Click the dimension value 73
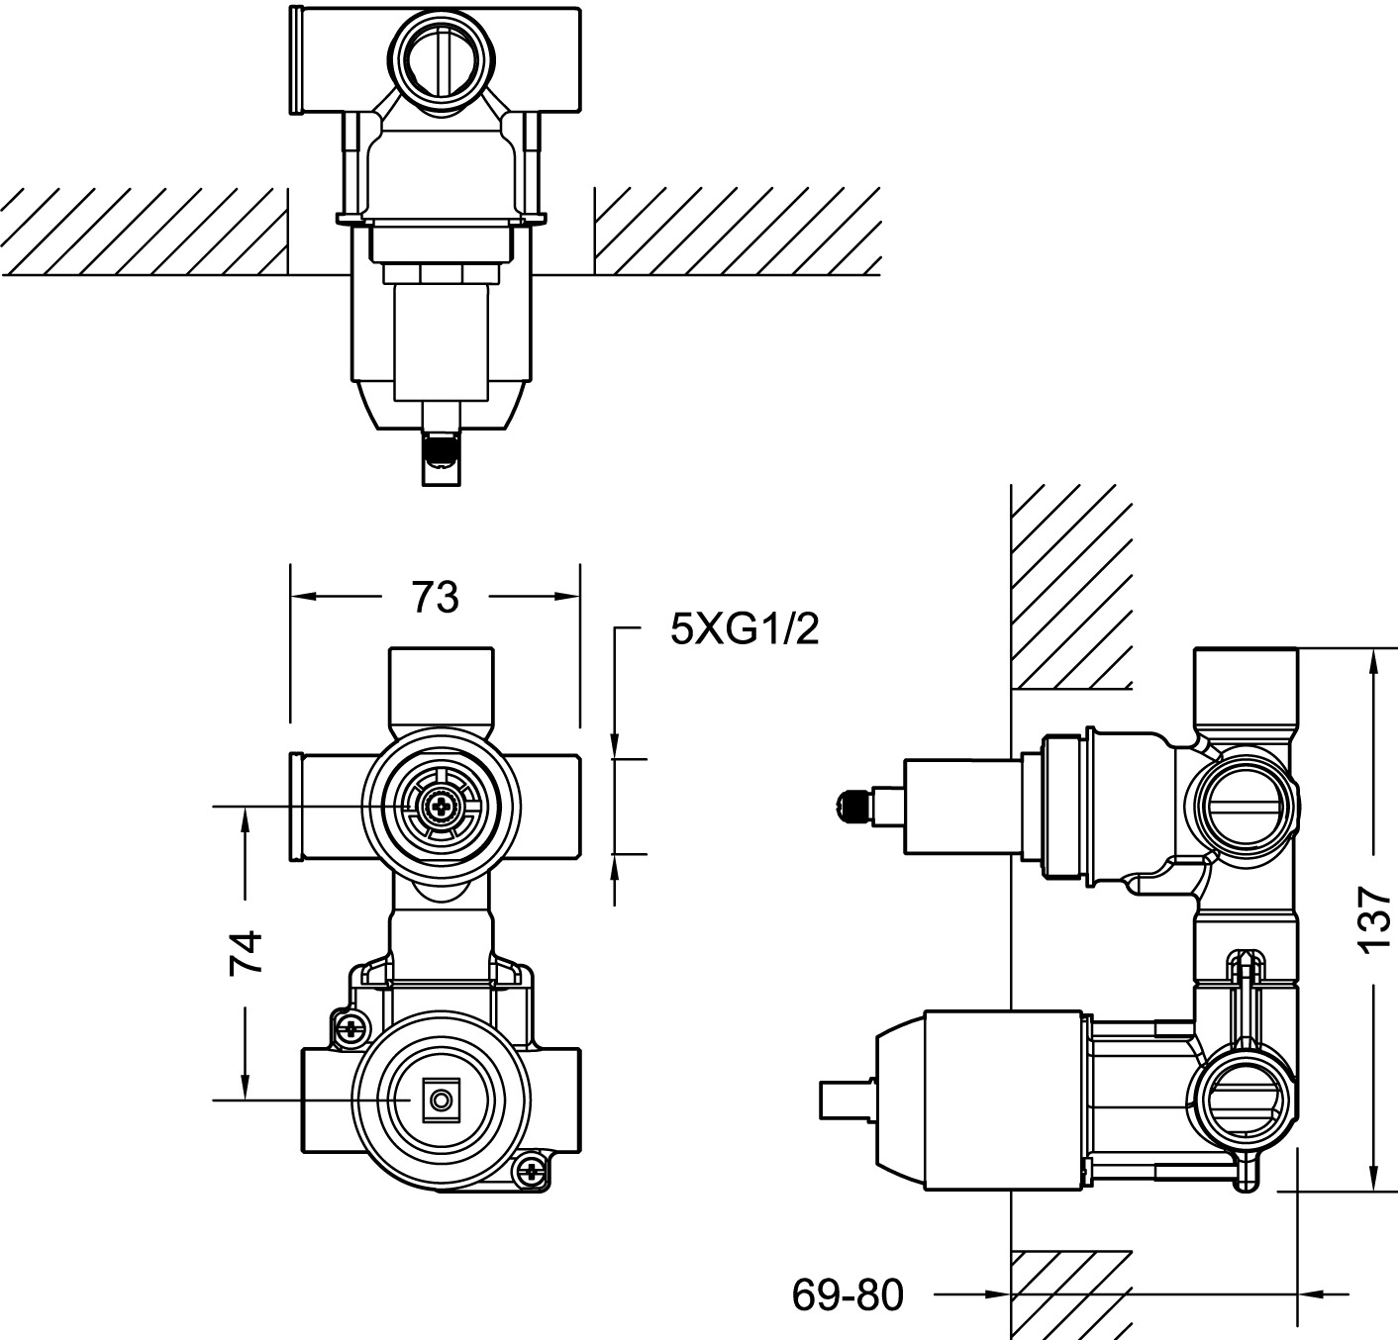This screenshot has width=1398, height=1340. [x=435, y=597]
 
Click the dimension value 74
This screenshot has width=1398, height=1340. [x=246, y=952]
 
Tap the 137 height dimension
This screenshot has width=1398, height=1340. [x=1374, y=920]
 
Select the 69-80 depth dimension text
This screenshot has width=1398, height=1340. [x=848, y=1294]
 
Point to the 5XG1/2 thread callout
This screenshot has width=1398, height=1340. [x=745, y=629]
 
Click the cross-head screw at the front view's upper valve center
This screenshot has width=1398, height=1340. [x=440, y=807]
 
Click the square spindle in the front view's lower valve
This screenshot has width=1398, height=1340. [x=442, y=1100]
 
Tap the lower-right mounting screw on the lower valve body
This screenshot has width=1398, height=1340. [x=530, y=1174]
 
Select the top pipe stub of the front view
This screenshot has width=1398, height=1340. [x=442, y=688]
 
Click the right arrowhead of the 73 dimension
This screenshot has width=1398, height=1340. [x=566, y=596]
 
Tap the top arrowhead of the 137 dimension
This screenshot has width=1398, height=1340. [x=1373, y=662]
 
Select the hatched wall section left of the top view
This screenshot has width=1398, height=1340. [x=144, y=232]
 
